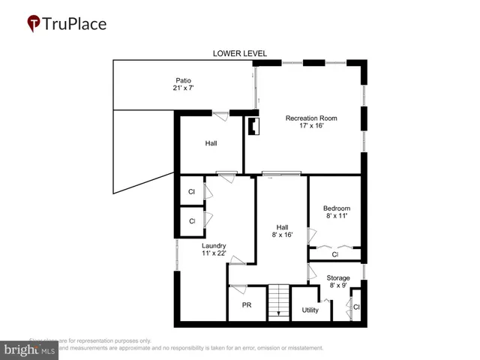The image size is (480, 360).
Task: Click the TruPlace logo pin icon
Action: (34, 24)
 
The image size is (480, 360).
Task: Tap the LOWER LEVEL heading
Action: (239, 53)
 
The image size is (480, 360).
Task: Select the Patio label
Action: (184, 80)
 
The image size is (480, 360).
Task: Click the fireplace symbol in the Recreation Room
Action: (253, 125)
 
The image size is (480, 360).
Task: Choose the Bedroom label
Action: (337, 208)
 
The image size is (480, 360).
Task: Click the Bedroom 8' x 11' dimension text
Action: (337, 217)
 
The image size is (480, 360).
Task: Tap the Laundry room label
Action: (214, 244)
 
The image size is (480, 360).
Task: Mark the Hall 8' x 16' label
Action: (282, 231)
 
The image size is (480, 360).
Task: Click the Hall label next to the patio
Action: (211, 142)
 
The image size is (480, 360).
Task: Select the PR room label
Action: (246, 305)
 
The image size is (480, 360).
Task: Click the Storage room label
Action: (338, 277)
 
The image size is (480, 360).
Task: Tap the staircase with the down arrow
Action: (278, 303)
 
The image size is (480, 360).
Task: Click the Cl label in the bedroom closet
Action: (335, 255)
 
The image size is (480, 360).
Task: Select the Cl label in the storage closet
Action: (356, 307)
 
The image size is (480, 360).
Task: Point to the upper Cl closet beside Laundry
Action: (192, 192)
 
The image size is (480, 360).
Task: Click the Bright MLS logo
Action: (30, 349)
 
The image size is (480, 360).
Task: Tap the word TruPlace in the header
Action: (75, 24)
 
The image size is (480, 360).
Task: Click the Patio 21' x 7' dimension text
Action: (184, 88)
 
